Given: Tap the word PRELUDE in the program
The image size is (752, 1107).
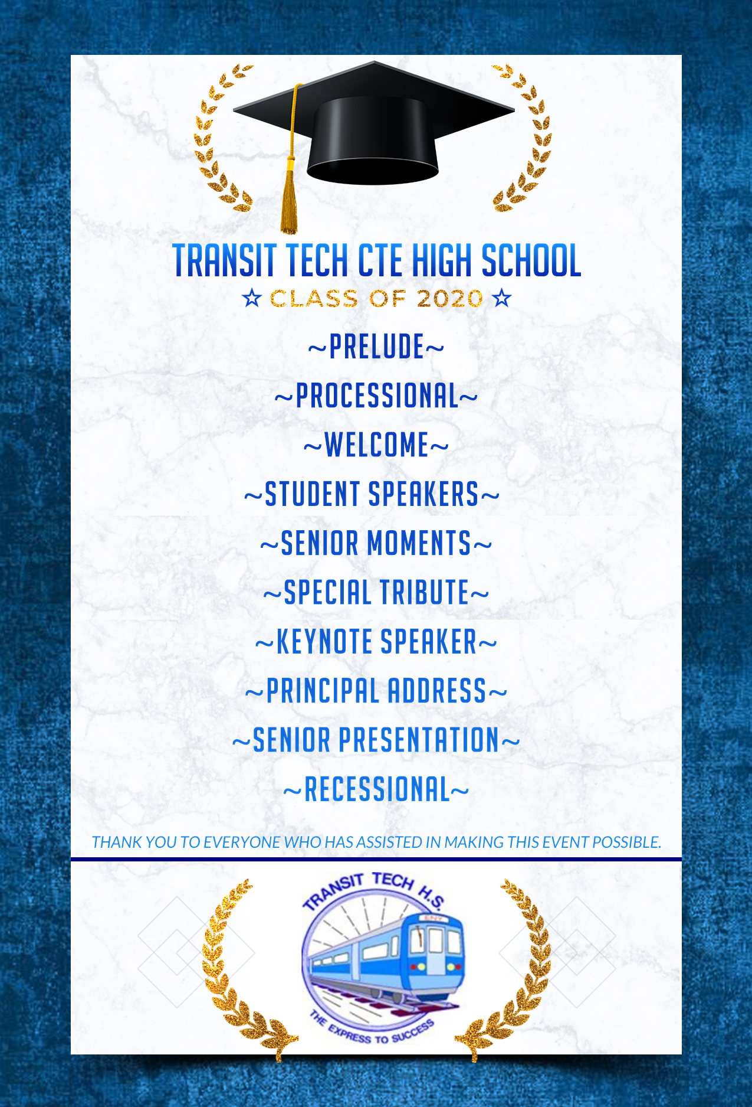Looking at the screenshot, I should [376, 347].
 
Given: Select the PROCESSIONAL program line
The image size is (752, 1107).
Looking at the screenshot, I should [376, 396].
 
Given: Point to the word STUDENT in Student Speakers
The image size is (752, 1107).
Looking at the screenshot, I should [312, 494].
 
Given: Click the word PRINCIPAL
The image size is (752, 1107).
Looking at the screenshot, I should [321, 691].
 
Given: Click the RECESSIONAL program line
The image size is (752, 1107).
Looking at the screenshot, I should [376, 789].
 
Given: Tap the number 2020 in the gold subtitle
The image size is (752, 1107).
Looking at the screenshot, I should [449, 299].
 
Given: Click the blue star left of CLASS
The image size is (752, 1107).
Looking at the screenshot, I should [252, 298].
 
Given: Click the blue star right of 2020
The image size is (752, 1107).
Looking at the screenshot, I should [502, 298].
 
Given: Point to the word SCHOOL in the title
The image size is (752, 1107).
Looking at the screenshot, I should [531, 260].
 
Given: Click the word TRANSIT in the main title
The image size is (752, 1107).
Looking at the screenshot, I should [224, 260].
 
